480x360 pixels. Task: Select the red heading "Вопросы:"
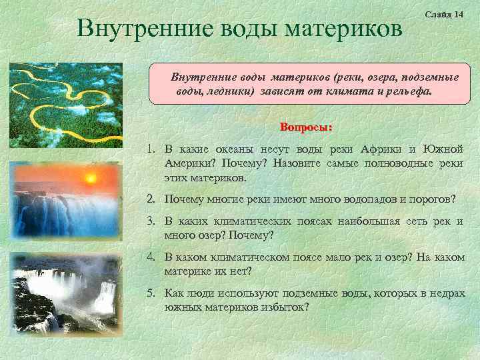306,127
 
